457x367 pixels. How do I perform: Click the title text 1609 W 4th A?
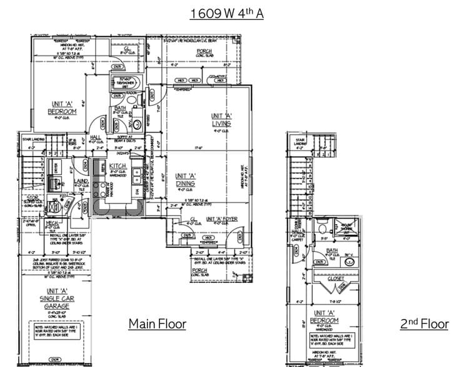[x=227, y=13]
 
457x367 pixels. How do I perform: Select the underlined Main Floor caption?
[x=157, y=323]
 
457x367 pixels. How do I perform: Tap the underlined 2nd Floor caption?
[x=424, y=323]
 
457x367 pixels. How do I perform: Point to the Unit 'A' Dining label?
[x=185, y=180]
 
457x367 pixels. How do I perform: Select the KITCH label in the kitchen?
[x=118, y=166]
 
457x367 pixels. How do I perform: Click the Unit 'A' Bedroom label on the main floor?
[x=62, y=108]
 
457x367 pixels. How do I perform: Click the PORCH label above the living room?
[x=204, y=51]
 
